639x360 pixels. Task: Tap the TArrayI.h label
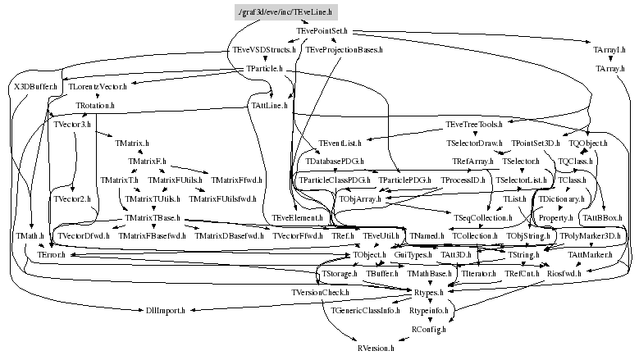pos(609,50)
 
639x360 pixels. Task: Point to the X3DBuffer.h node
pos(35,86)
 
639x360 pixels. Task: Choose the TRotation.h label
pos(95,106)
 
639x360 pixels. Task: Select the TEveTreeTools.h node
pos(473,125)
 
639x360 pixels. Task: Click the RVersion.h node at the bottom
pos(376,349)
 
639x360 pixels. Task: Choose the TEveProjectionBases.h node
pos(345,50)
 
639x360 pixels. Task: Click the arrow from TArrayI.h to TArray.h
pos(609,60)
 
